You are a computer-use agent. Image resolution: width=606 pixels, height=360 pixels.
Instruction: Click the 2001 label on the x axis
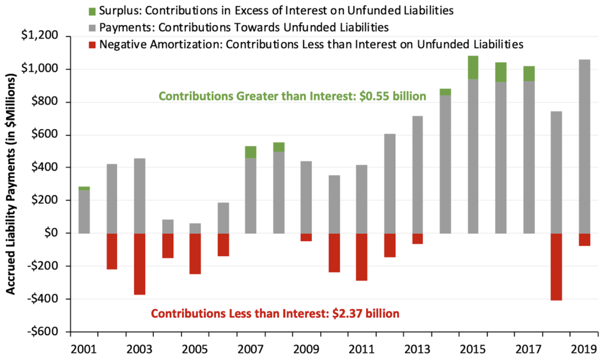pos(85,347)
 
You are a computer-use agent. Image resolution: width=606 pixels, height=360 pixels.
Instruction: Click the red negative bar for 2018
pos(557,266)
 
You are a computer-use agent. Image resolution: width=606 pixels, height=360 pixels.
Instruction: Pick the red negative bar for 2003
pos(140,263)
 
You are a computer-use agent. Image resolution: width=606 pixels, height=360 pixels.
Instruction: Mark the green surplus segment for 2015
pos(473,67)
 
